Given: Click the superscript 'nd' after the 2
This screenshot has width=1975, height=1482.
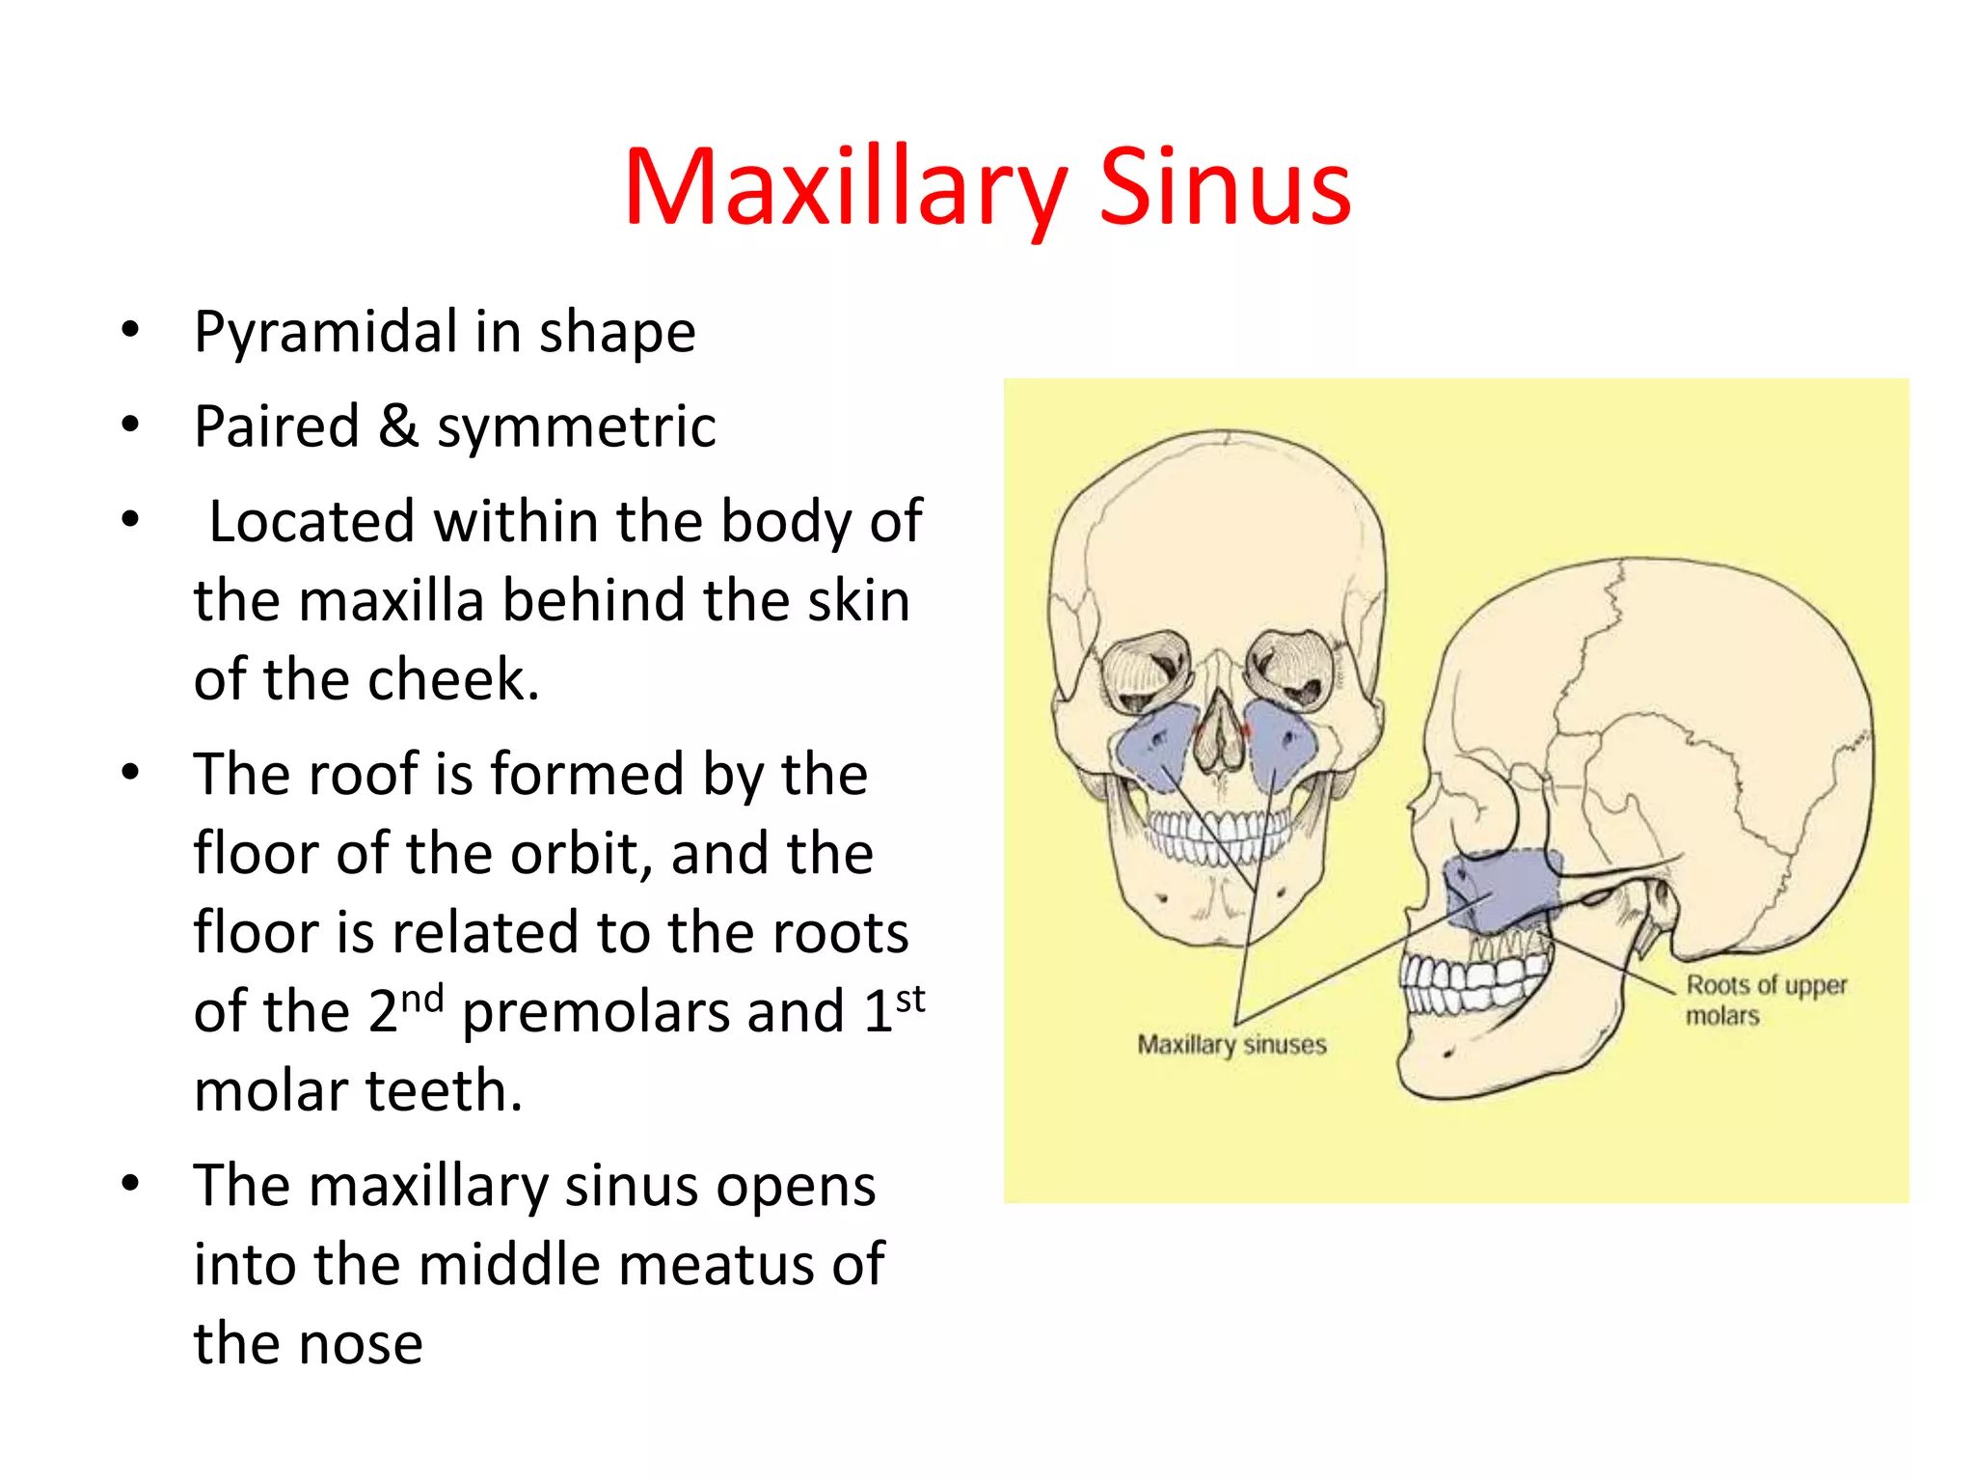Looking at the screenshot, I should click(421, 999).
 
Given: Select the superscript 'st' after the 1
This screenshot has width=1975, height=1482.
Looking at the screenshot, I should click(909, 999).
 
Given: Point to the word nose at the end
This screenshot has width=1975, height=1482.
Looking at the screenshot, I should click(363, 1344).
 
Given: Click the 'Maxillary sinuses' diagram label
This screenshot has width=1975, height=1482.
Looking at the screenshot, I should click(1231, 1045).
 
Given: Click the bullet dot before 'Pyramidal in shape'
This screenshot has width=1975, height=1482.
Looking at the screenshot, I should click(130, 331).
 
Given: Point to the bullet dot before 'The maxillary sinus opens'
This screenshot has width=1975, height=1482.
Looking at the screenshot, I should click(130, 1183).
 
